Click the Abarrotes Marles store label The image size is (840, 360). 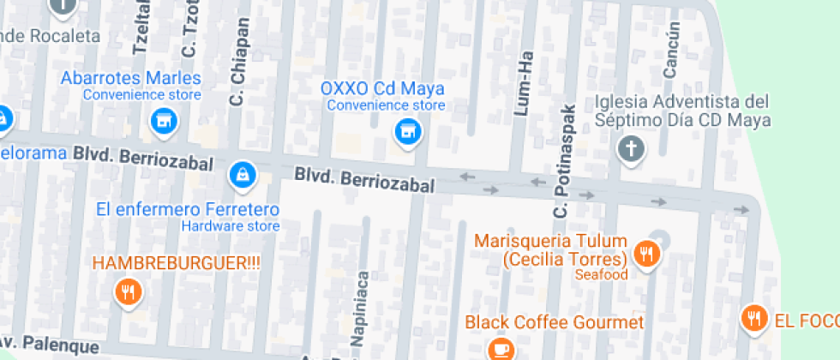[130, 78]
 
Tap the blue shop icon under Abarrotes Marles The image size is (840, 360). [161, 122]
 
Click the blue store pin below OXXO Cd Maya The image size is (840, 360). [407, 132]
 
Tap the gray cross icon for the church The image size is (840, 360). [631, 150]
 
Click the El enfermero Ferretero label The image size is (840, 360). [188, 209]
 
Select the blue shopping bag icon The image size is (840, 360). [243, 176]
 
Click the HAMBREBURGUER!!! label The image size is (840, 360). [176, 262]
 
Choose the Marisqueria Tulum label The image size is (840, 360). [552, 249]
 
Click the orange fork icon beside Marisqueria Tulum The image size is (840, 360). [645, 254]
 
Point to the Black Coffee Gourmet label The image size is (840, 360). [554, 322]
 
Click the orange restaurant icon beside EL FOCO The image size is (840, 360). [754, 319]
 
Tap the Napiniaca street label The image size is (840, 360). [362, 310]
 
